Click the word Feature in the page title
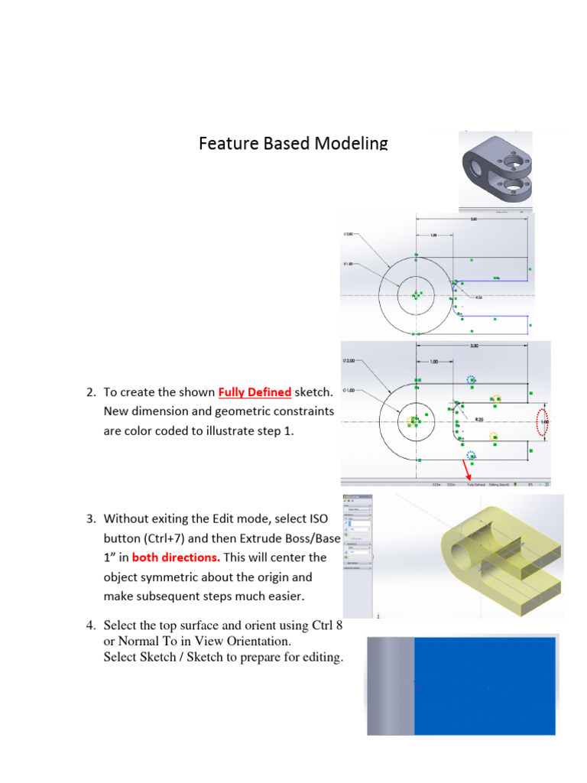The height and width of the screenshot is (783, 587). point(225,143)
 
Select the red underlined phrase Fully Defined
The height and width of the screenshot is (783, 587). point(255,392)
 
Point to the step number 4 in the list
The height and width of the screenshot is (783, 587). point(89,625)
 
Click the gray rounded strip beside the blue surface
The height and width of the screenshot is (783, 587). point(391,686)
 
